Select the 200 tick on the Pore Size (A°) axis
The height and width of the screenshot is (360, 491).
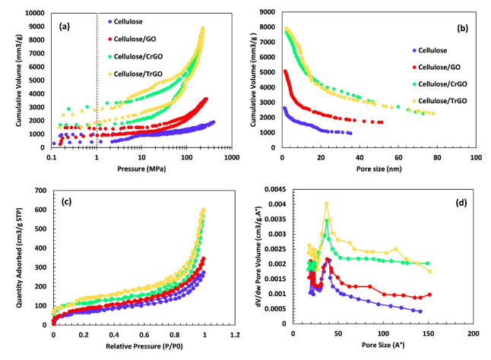[x=473, y=333]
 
